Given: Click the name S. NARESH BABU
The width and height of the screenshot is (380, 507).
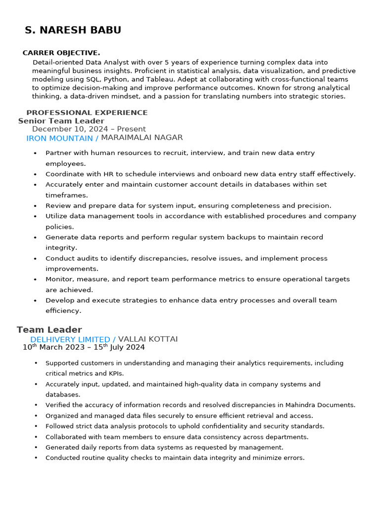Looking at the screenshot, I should coord(73,30).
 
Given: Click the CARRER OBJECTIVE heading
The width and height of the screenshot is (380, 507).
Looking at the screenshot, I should coord(61,52).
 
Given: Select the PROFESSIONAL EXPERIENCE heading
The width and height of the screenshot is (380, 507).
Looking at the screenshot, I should coord(87,112).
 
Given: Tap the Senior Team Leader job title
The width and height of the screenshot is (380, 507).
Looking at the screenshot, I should coord(61,121).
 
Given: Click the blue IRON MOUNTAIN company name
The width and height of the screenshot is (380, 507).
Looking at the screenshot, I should coord(59,138).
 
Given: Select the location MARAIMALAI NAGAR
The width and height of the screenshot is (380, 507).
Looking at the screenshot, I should coord(142,138).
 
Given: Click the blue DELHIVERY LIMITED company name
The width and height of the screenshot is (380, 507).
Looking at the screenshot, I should coord(70,339).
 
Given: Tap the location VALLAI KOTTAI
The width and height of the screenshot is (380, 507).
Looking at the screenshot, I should coord(147,339).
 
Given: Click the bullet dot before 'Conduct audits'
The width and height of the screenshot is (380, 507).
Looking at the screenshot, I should coord(35,258).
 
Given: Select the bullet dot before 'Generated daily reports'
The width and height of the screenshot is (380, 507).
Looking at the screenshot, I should coord(35,448).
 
